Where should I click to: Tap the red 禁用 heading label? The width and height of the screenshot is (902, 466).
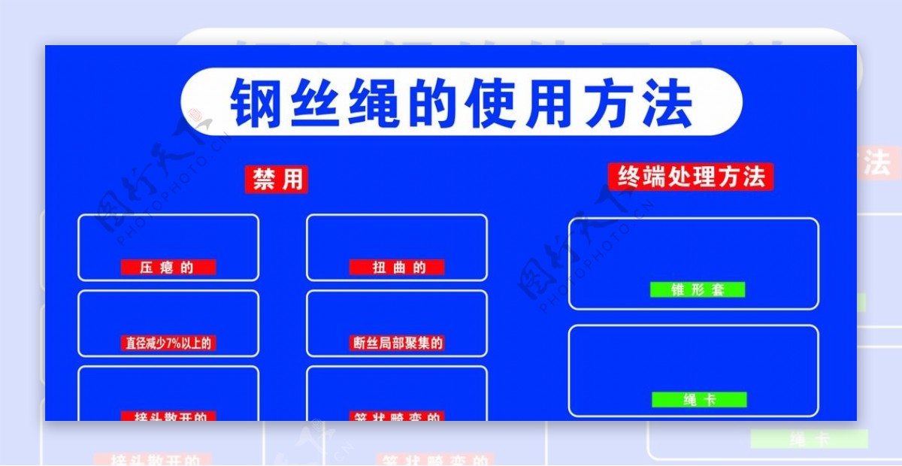[x=277, y=180]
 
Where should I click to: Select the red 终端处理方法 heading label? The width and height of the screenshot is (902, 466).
[x=691, y=177]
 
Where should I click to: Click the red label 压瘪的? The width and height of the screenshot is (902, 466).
[x=168, y=267]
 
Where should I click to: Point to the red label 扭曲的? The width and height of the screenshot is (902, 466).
[x=397, y=267]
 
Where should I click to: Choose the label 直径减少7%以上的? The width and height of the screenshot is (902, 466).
[x=168, y=343]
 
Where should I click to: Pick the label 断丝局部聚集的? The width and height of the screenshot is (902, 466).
[x=397, y=343]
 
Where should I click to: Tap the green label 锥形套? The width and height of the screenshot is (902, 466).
[x=698, y=289]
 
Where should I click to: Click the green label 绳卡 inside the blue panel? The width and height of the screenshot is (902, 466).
[x=699, y=400]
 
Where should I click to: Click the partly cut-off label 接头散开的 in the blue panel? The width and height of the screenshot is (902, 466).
[x=168, y=416]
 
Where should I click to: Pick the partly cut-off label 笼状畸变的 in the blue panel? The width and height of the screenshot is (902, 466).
[x=397, y=416]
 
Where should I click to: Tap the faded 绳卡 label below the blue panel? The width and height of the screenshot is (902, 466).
[x=809, y=439]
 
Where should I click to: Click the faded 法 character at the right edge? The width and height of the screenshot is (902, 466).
[x=876, y=163]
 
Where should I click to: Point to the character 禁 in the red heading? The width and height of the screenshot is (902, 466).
[x=263, y=180]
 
